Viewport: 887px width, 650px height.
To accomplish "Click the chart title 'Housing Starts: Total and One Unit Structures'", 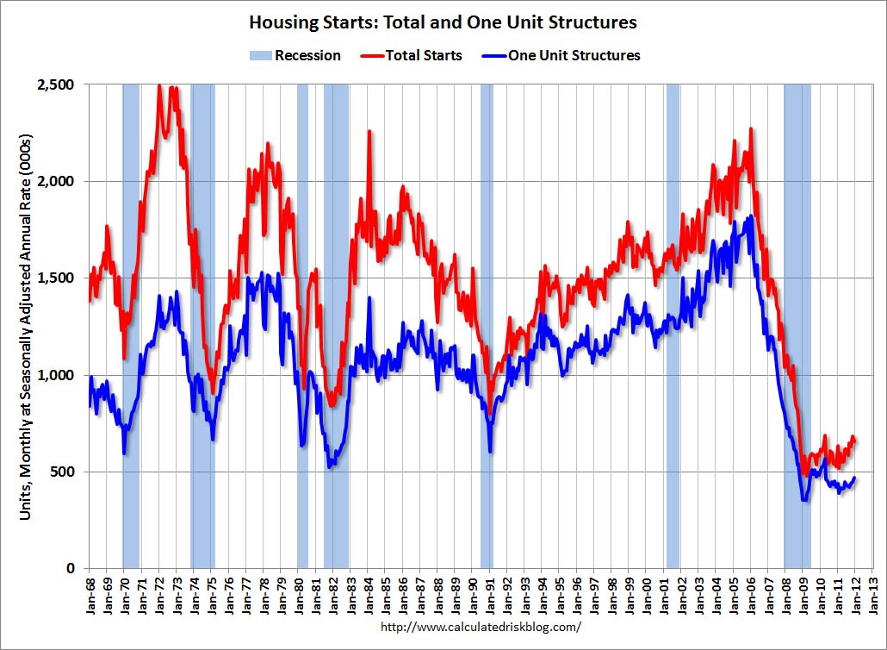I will click(x=443, y=22).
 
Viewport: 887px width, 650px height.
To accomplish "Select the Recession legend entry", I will click(x=295, y=55).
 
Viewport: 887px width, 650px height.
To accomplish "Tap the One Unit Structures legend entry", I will click(x=561, y=55).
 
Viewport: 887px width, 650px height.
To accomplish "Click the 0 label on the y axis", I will click(x=74, y=568).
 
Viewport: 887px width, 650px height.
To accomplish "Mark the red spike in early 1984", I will click(x=369, y=132).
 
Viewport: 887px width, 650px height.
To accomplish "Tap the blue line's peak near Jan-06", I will click(x=752, y=216).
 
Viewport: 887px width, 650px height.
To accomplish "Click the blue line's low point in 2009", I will click(x=804, y=499).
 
